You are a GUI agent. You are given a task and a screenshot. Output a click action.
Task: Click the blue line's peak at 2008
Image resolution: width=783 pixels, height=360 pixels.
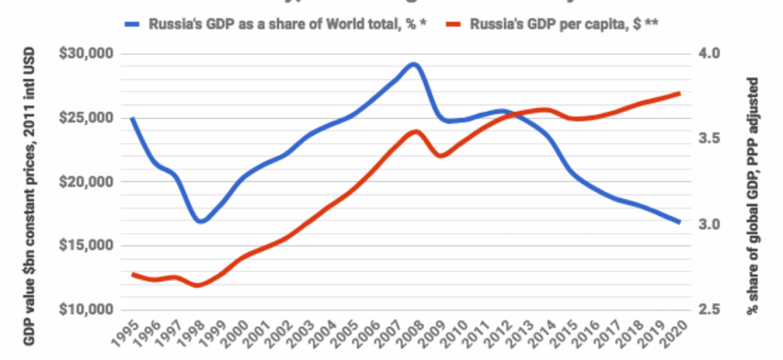413,64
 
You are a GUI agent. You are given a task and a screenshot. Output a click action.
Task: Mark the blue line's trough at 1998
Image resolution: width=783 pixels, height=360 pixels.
200,220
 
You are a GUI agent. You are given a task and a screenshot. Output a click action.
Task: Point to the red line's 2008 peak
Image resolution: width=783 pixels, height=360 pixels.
414,131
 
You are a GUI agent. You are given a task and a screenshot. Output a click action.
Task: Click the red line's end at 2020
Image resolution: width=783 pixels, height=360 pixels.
679,93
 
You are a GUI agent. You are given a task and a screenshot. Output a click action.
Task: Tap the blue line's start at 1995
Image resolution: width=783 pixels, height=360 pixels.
133,118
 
